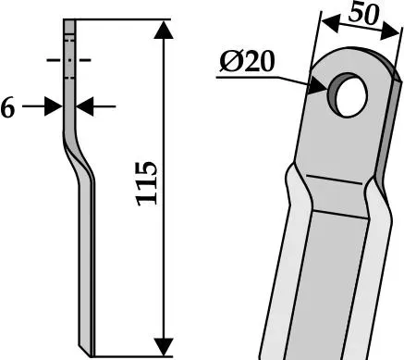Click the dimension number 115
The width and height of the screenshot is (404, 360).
click(147, 183)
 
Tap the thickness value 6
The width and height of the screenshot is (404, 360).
click(7, 108)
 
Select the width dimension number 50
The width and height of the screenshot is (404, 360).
click(363, 13)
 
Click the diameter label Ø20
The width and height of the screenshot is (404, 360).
click(247, 61)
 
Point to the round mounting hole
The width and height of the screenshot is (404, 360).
click(348, 95)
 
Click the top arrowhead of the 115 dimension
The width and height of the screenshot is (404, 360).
click(163, 31)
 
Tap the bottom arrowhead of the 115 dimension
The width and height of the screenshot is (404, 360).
click(163, 347)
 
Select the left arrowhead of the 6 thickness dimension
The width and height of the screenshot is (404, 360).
click(54, 106)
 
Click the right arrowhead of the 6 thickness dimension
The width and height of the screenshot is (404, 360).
click(85, 106)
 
